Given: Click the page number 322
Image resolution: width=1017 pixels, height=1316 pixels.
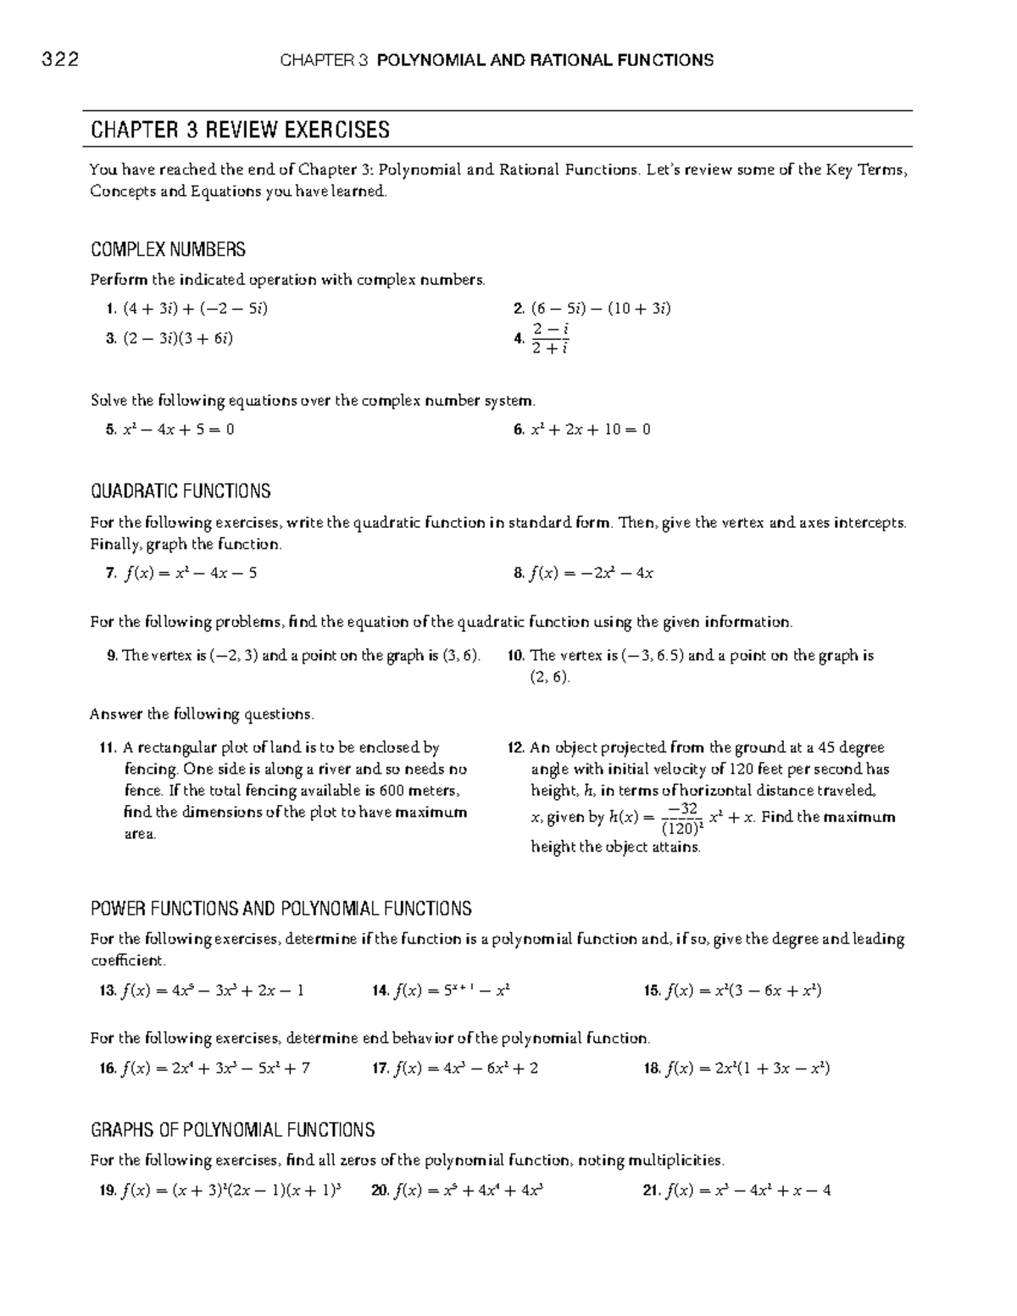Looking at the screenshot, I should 59,59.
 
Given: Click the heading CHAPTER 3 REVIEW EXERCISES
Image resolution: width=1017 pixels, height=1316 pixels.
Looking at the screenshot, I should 240,130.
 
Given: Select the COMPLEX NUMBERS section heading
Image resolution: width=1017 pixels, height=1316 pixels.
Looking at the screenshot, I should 168,249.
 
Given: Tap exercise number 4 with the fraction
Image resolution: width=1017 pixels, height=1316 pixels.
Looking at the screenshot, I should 519,338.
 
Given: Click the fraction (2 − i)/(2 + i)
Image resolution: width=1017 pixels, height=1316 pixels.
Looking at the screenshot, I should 550,337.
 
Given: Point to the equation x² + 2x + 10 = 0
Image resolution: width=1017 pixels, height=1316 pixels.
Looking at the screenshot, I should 590,429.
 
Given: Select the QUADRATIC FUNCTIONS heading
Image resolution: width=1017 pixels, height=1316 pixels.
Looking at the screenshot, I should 181,491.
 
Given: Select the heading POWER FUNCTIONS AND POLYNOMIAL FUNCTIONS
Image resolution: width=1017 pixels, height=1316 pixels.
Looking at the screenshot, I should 281,909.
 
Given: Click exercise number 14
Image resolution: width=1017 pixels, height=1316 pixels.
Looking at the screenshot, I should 381,990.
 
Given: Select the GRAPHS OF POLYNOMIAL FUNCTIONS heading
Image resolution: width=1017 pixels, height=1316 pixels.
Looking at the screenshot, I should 232,1130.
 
